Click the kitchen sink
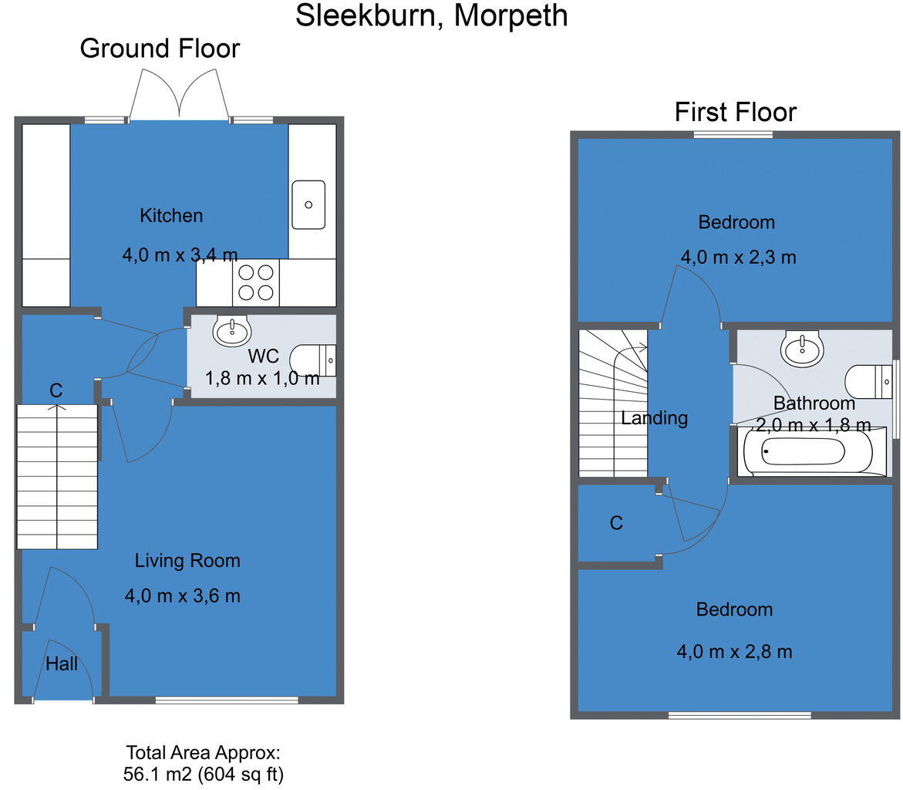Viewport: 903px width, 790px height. tap(308, 204)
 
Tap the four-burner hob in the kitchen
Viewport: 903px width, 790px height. tap(256, 282)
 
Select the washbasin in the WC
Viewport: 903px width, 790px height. tap(232, 332)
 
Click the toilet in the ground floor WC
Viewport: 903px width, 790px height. tap(313, 360)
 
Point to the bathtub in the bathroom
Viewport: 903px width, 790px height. tap(807, 452)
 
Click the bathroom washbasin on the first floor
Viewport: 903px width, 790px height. tap(802, 349)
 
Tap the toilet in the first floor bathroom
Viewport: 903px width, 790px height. tap(868, 380)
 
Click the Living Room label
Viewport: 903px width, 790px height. tap(187, 561)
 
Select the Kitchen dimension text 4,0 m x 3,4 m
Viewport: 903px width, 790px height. tap(180, 254)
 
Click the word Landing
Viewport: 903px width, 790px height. tap(654, 418)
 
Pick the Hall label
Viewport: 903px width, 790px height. tap(62, 663)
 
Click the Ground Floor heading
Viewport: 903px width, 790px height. tap(160, 49)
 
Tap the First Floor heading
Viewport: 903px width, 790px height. tap(735, 112)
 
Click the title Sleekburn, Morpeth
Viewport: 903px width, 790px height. tap(432, 15)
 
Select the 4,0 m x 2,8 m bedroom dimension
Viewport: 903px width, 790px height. tap(734, 651)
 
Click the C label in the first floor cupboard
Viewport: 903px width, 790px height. tap(615, 524)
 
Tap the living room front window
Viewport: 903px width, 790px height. tap(227, 700)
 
